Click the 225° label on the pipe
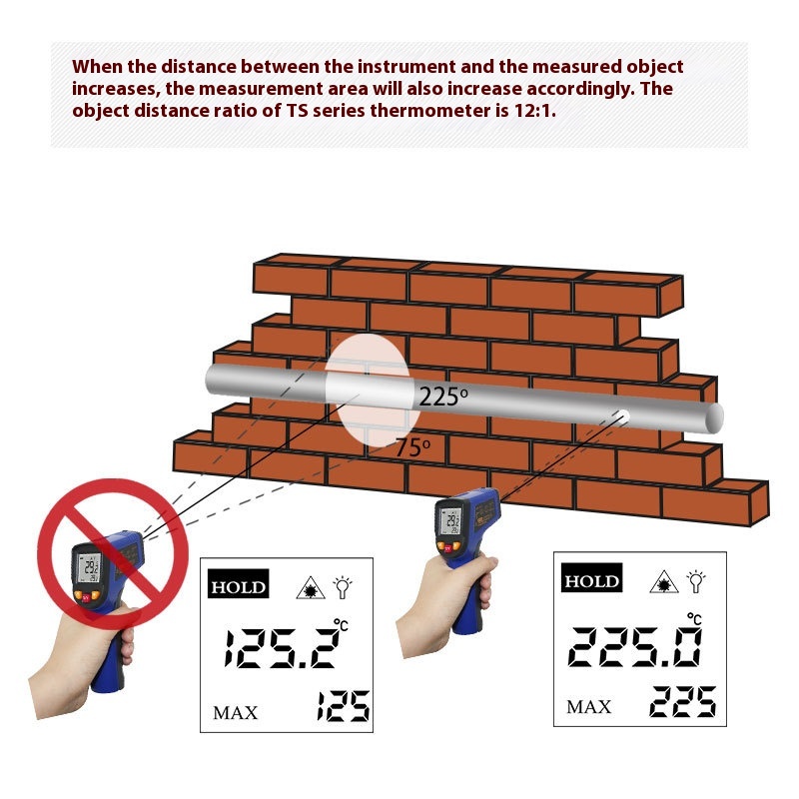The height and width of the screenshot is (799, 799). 443,397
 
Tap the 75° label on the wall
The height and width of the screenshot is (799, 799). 412,447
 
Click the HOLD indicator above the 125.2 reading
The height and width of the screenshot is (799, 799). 238,584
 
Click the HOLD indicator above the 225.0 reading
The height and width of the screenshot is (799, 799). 591,578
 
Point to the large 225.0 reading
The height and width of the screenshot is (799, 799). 634,646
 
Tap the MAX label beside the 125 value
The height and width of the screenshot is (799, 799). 236,712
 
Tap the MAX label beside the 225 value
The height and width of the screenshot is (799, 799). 588,707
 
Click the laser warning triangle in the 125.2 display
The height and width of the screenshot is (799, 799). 311,588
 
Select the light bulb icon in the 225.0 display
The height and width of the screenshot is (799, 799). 695,581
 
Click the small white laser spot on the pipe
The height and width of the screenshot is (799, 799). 622,416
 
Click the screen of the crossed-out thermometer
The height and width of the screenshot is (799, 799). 90,567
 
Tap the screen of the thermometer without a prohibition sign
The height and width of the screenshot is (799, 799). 451,520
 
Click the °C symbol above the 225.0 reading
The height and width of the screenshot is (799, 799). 694,618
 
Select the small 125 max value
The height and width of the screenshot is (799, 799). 343,706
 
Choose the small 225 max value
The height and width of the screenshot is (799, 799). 683,701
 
